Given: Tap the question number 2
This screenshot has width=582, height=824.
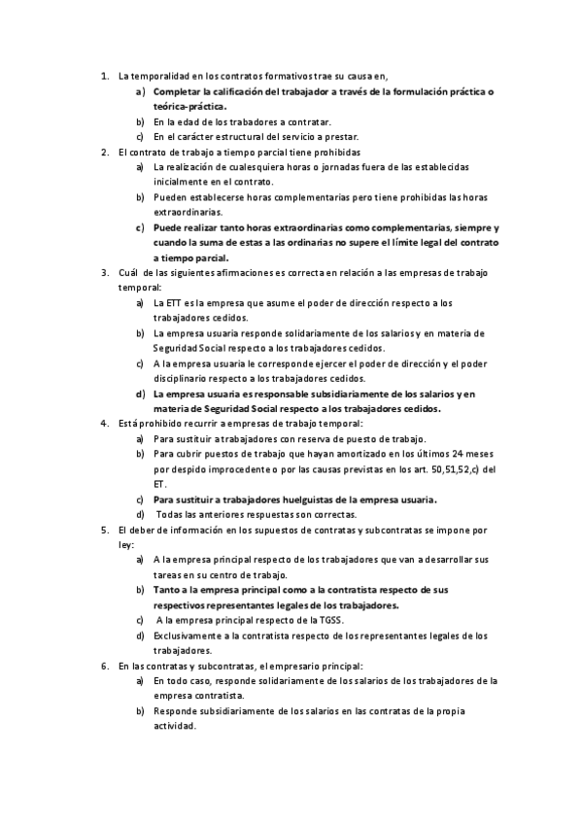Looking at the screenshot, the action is (104, 153).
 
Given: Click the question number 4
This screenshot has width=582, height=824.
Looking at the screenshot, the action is (104, 424).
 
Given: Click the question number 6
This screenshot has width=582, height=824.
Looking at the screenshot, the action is (104, 666).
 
